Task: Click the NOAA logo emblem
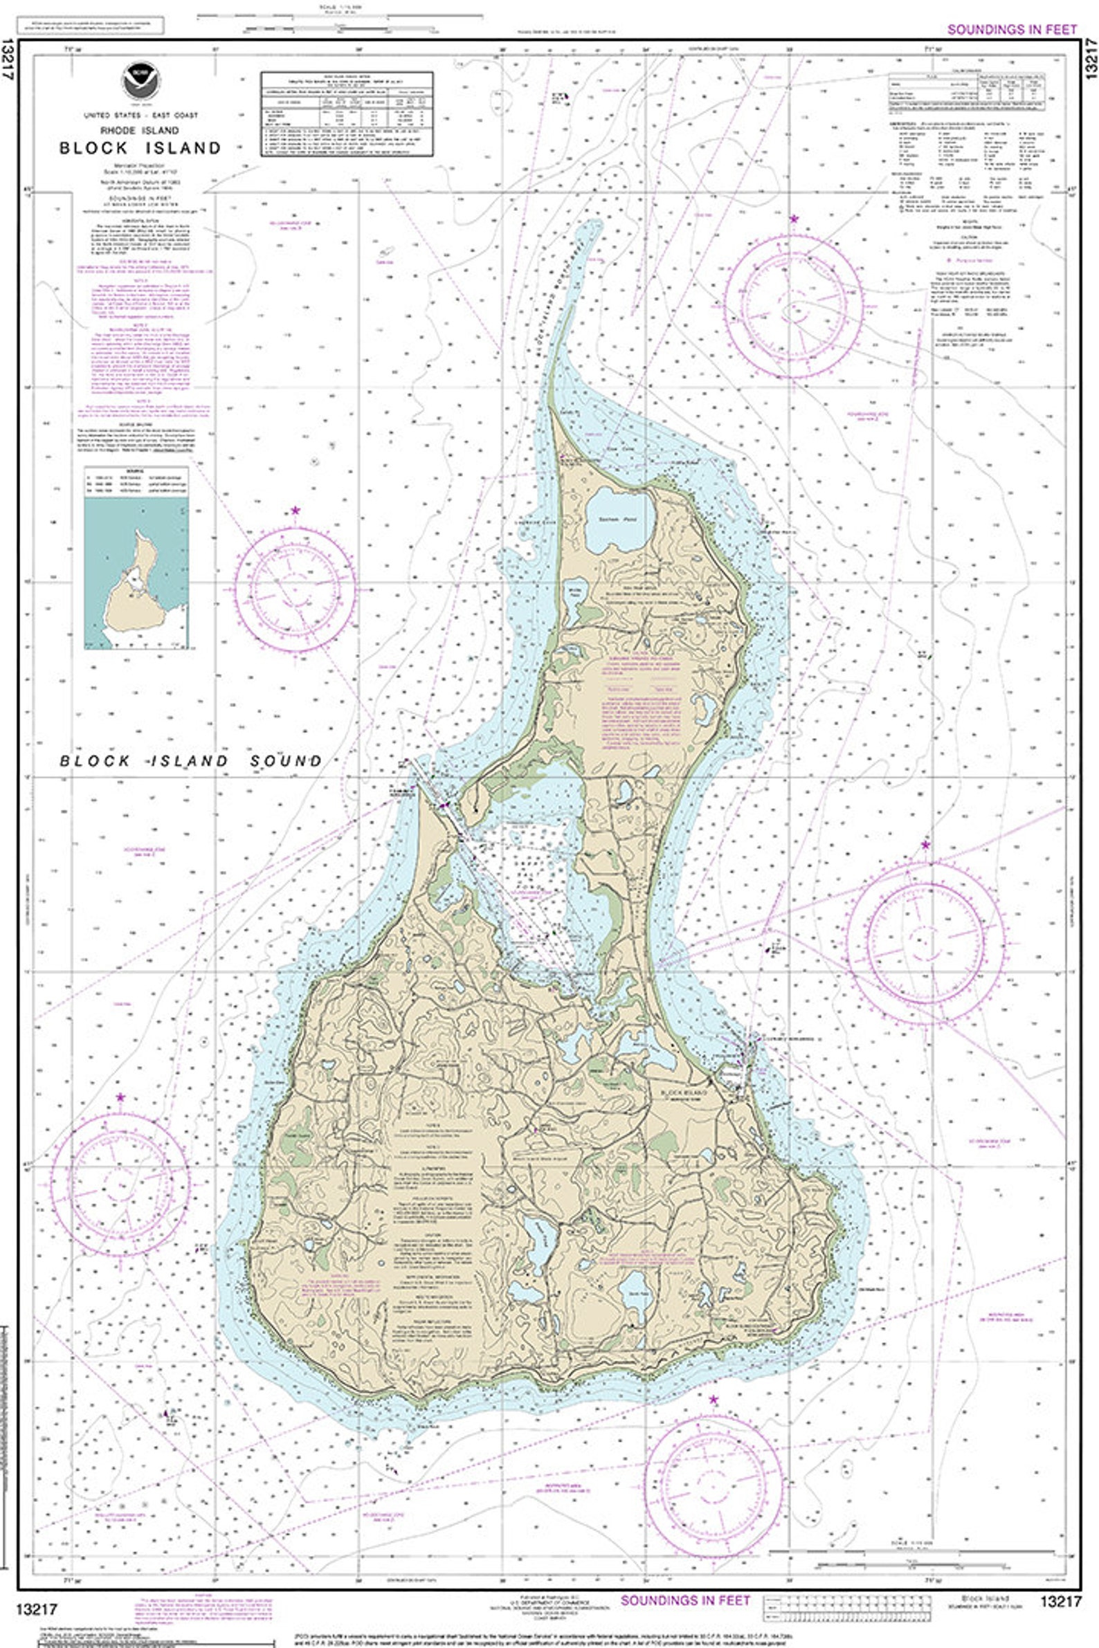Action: [x=140, y=83]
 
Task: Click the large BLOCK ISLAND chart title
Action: [x=140, y=148]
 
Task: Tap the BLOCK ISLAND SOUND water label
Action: [x=190, y=761]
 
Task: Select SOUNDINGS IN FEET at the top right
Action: [x=1011, y=30]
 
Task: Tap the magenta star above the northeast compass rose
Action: [x=793, y=219]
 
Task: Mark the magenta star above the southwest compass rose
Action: [x=120, y=1097]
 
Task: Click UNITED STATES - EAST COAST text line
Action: [x=140, y=115]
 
